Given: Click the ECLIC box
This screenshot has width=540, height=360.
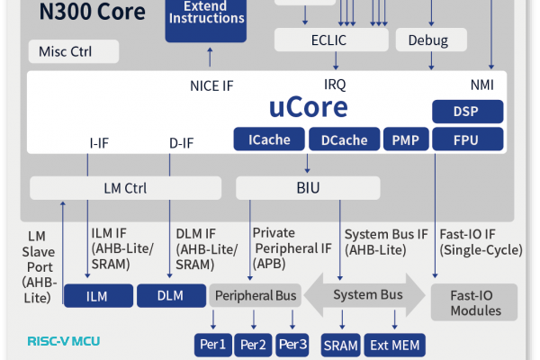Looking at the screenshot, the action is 331,40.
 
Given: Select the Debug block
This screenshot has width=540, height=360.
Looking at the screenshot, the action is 431,40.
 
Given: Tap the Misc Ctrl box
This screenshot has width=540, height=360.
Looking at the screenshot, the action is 74,51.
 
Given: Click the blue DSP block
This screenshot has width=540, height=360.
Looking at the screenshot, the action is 468,112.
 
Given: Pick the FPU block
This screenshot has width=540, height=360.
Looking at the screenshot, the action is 468,139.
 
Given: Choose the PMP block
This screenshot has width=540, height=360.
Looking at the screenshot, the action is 406,139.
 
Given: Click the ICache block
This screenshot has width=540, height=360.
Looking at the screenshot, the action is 269,139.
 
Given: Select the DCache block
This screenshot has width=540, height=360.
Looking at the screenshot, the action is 345,139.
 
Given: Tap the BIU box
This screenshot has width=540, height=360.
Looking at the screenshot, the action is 308,188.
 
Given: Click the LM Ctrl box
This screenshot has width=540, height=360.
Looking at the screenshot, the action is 125,188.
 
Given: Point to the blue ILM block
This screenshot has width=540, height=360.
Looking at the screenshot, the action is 98,295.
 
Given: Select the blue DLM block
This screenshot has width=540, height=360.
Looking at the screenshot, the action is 172,295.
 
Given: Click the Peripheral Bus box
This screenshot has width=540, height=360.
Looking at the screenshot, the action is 256,295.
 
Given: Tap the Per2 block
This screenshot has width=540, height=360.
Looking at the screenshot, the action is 253,345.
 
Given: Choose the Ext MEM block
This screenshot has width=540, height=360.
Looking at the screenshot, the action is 395,345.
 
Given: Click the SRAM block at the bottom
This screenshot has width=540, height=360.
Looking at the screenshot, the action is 340,345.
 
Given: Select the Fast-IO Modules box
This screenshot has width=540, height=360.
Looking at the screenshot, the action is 474,302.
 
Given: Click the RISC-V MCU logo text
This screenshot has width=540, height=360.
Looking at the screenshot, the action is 64,341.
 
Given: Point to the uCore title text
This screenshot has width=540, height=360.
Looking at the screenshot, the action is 308,107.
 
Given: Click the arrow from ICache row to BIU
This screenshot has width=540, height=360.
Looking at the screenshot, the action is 307,163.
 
